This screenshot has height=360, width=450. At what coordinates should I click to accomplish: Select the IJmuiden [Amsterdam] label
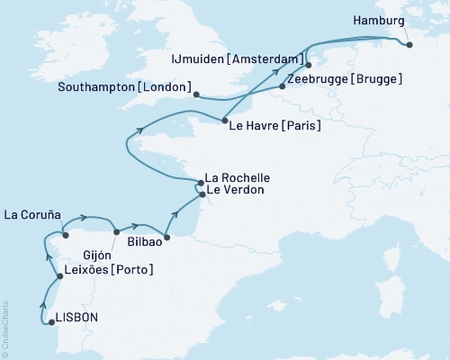tap(235, 59)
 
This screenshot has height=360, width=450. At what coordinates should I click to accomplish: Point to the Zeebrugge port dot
tap(283, 86)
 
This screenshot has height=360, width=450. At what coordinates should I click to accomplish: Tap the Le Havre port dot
tap(223, 121)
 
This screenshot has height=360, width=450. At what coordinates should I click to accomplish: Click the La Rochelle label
tap(238, 177)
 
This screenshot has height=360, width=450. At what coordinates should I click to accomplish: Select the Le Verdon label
tap(233, 192)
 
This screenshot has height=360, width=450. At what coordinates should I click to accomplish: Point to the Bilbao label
tap(144, 242)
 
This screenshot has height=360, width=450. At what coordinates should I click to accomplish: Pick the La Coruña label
tap(31, 214)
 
